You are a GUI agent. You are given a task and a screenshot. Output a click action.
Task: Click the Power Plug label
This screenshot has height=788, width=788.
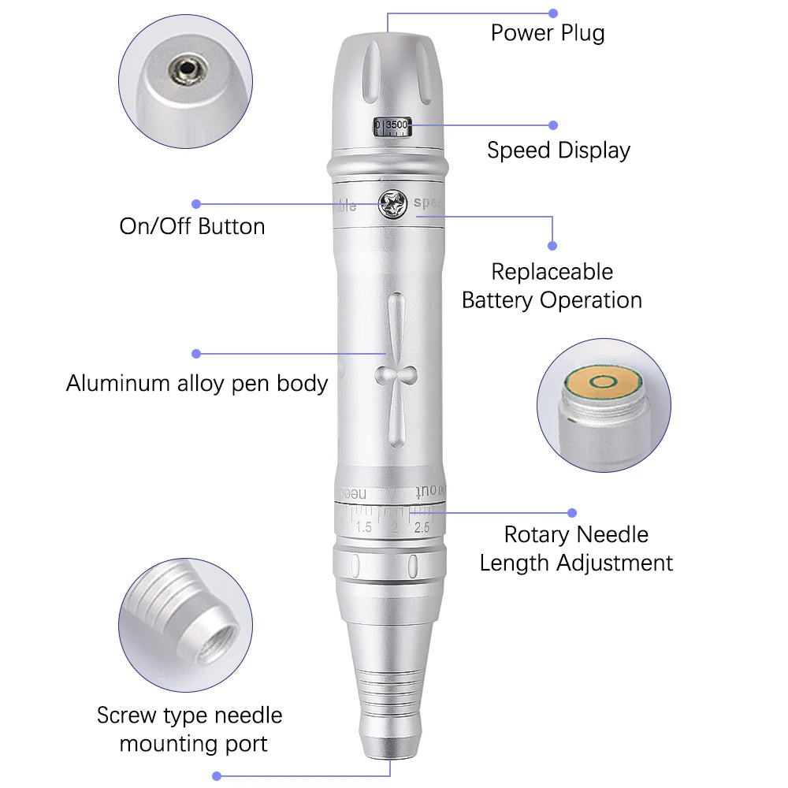[548, 33]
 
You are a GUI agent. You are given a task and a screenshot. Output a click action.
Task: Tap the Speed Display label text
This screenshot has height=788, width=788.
[558, 151]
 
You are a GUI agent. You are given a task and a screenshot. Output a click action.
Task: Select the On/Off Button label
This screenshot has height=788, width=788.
[191, 226]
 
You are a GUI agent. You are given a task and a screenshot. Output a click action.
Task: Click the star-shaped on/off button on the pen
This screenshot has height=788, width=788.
[392, 203]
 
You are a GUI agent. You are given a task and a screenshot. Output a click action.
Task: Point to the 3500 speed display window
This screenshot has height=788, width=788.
[392, 125]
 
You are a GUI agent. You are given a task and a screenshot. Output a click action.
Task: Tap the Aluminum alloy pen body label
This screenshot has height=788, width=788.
[196, 384]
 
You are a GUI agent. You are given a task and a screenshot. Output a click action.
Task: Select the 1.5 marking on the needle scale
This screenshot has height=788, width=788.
[363, 527]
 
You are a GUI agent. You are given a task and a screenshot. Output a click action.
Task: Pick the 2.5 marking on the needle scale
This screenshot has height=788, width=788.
[422, 527]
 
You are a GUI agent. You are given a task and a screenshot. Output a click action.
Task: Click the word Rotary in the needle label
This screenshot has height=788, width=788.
[537, 534]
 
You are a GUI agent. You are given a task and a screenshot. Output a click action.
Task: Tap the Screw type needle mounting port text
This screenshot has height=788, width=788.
[190, 729]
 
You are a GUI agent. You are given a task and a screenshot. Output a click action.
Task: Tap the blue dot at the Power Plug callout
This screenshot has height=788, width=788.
[553, 13]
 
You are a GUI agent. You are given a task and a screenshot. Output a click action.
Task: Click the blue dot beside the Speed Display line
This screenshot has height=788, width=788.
[553, 125]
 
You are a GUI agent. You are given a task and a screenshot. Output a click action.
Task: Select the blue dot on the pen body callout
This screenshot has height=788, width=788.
[196, 354]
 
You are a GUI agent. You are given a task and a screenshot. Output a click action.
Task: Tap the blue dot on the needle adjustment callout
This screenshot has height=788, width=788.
[572, 513]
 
